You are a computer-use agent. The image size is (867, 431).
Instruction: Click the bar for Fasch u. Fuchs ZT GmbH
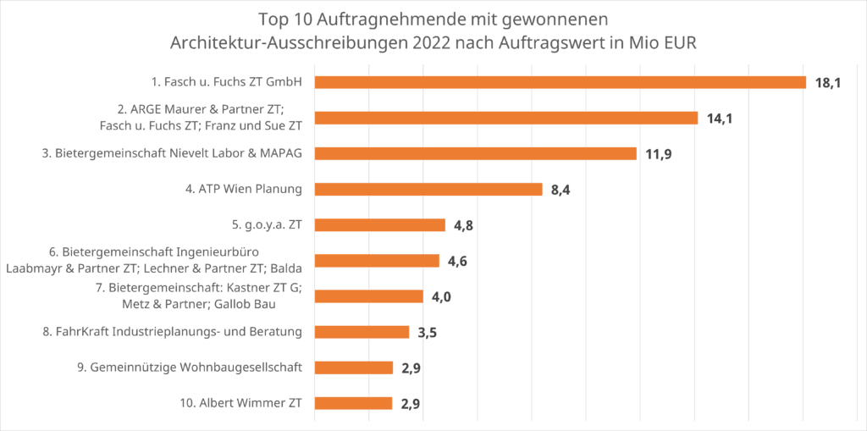[x=560, y=82]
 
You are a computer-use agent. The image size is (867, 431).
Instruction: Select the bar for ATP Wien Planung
[x=428, y=189]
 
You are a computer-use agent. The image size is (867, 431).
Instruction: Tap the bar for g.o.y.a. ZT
[x=379, y=224]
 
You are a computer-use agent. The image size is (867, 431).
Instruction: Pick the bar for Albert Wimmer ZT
[x=353, y=403]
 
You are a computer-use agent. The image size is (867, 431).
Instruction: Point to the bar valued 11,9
[x=475, y=153]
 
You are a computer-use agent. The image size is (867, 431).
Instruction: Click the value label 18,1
[x=827, y=83]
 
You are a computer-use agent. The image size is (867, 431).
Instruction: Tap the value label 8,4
[x=561, y=190]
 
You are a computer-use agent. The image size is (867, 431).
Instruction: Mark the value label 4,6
[x=457, y=261]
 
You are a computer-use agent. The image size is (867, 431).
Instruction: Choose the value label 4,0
[x=441, y=296]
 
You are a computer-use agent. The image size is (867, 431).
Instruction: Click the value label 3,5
[x=427, y=332]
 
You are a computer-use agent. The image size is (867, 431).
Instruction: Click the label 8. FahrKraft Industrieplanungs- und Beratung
[x=173, y=331]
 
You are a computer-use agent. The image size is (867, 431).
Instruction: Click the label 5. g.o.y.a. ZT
[x=260, y=224]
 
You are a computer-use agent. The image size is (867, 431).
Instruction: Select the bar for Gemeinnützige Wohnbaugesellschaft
[x=353, y=367]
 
